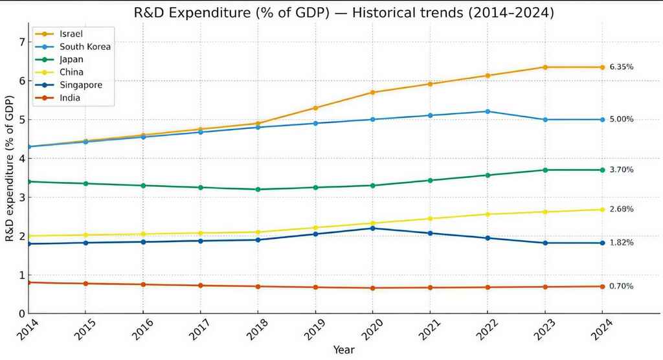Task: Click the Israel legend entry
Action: pos(72,34)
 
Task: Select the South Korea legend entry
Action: pos(85,47)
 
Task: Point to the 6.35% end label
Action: pos(621,67)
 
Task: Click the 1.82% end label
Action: pos(621,243)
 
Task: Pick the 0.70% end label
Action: pos(621,286)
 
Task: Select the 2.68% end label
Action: pos(621,209)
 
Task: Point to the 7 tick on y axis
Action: pos(22,42)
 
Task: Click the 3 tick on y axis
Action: pos(22,197)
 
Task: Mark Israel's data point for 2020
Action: pos(372,92)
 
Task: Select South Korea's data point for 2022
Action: pos(487,111)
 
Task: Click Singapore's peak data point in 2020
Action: pos(372,228)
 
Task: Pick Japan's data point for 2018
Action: pos(258,189)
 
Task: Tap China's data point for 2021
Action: pos(429,218)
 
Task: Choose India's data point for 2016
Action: pos(143,284)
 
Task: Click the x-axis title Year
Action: pos(344,350)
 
